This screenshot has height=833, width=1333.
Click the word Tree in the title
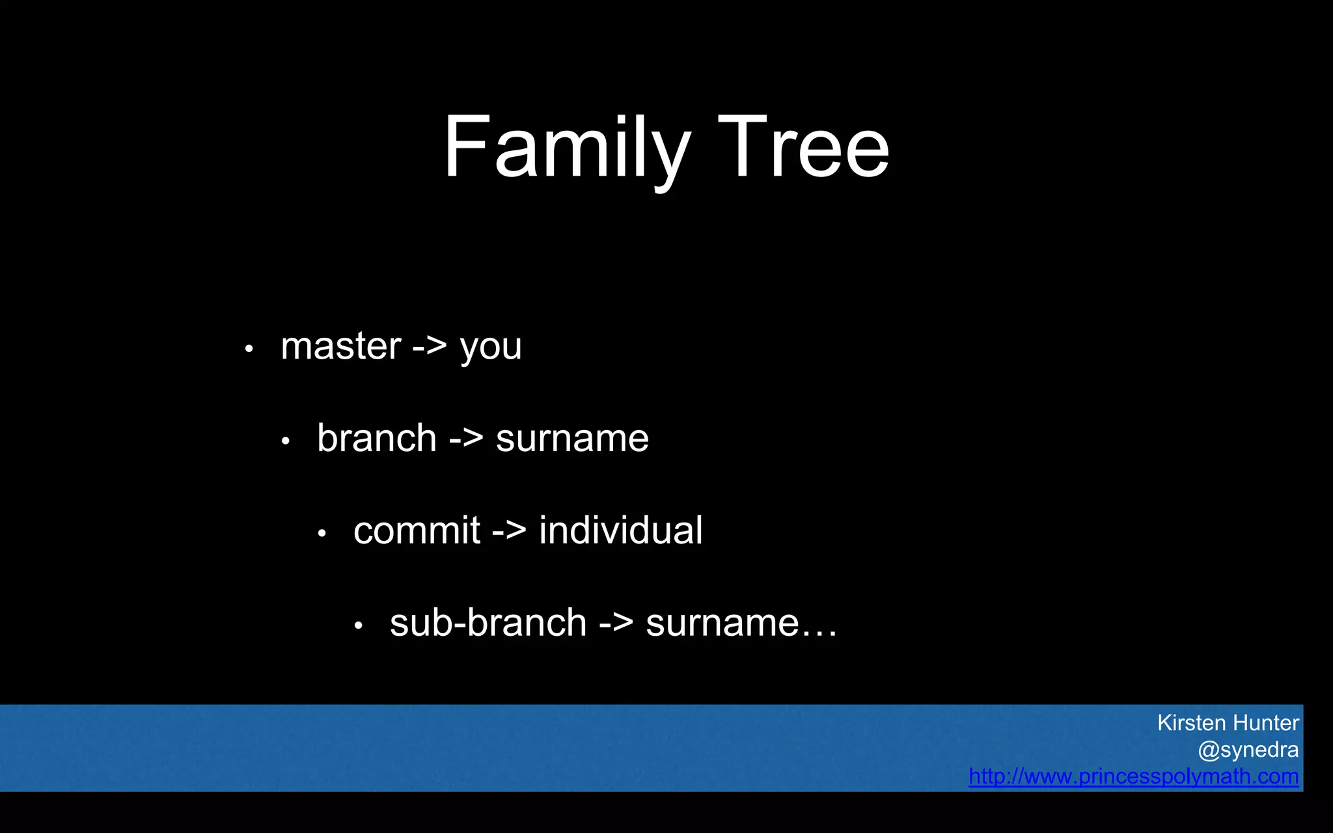coord(803,148)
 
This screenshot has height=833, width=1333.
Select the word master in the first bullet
coord(340,346)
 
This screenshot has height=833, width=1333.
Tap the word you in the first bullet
coord(491,348)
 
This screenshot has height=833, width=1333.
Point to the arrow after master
coord(430,346)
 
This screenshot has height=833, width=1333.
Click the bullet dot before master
coord(249,349)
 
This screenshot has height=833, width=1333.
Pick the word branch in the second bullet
coord(376,438)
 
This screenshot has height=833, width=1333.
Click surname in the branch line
coord(572,439)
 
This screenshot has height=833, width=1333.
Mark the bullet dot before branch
coord(285,442)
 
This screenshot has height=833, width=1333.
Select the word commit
coord(417,530)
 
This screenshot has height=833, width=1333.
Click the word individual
coord(620,530)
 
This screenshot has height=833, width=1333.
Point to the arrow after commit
coord(509,530)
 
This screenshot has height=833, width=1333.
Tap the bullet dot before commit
coord(322,534)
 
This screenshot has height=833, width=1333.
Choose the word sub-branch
coord(488,623)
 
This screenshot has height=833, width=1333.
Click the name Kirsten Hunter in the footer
coord(1228,723)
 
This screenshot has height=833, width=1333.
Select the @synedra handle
coord(1248,750)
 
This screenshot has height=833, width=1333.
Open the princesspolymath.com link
coord(1133,776)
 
